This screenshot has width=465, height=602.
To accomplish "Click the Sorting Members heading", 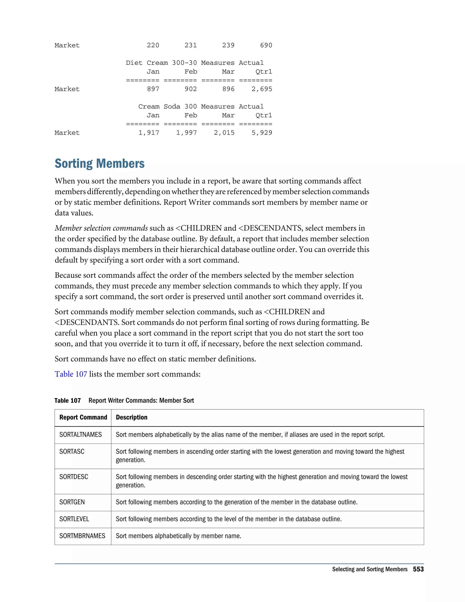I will (99, 164).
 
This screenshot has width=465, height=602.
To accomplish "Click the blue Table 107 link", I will (71, 374).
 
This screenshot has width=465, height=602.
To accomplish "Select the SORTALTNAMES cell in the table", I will (80, 435).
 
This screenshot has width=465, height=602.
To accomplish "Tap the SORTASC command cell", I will (72, 452).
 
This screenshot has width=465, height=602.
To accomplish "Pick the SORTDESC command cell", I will (74, 477).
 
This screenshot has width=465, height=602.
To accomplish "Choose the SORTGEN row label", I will (72, 502).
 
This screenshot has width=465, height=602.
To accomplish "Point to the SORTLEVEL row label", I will (74, 519).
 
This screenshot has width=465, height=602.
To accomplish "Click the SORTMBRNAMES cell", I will (82, 536).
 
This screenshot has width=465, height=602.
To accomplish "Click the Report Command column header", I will (83, 417).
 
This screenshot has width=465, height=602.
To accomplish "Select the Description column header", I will (131, 417).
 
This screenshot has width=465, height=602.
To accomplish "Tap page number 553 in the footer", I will (418, 569).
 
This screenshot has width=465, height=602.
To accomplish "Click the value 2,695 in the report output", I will (262, 89).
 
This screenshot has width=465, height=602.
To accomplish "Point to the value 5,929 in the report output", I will (262, 133).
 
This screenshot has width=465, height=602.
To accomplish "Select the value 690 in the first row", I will (266, 45).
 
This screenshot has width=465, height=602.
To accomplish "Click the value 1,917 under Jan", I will (149, 133).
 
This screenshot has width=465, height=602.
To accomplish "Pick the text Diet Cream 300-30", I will (161, 63).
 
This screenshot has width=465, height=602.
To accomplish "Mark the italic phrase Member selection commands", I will (101, 228).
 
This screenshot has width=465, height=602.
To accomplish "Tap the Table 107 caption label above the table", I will (67, 401).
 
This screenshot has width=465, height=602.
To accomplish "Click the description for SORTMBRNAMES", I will (178, 536).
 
